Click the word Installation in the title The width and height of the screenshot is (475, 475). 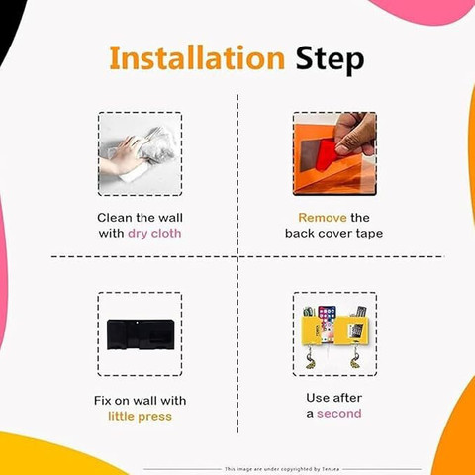tap(197, 57)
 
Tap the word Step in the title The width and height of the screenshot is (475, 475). tap(330, 60)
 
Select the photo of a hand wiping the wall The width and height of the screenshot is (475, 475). tap(140, 153)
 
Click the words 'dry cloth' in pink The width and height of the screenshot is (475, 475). tap(154, 234)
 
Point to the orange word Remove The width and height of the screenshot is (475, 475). tap(323, 218)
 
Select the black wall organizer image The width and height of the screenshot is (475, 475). tap(141, 334)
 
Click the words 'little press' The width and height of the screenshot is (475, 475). tap(140, 417)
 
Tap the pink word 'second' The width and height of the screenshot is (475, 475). tap(339, 414)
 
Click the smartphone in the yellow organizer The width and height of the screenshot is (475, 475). tap(328, 324)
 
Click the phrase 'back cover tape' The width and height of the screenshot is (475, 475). tap(333, 234)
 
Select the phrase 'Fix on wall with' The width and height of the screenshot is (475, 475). tap(140, 401)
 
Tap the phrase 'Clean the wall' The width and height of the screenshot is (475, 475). tap(140, 218)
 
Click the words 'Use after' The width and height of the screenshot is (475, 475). tap(333, 398)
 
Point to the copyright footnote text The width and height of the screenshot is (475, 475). tap(282, 469)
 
